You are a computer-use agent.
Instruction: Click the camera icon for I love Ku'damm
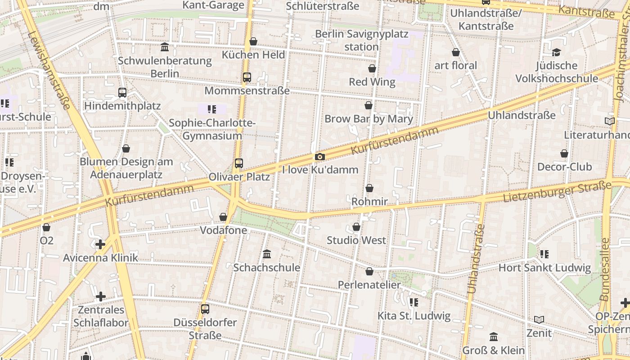319,157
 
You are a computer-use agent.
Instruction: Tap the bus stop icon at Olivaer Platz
238,163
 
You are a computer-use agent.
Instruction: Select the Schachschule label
266,267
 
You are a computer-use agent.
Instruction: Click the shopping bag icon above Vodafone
223,217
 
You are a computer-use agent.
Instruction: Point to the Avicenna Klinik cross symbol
100,244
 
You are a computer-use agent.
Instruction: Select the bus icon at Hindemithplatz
122,93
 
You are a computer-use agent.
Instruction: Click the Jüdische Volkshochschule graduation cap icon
556,52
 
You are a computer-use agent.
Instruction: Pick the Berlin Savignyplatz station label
361,40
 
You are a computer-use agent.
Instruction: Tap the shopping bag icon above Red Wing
372,68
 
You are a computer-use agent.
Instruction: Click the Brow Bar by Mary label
369,119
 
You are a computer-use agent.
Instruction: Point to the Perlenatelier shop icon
369,271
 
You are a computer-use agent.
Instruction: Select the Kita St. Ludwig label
414,316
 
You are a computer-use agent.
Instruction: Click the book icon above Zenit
539,319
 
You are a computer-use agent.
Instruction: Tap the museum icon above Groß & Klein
493,337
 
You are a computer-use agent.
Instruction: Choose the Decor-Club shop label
564,166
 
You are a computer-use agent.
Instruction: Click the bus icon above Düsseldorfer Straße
205,309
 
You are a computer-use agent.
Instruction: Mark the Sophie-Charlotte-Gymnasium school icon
212,109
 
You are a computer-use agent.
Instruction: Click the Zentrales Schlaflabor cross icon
101,297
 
